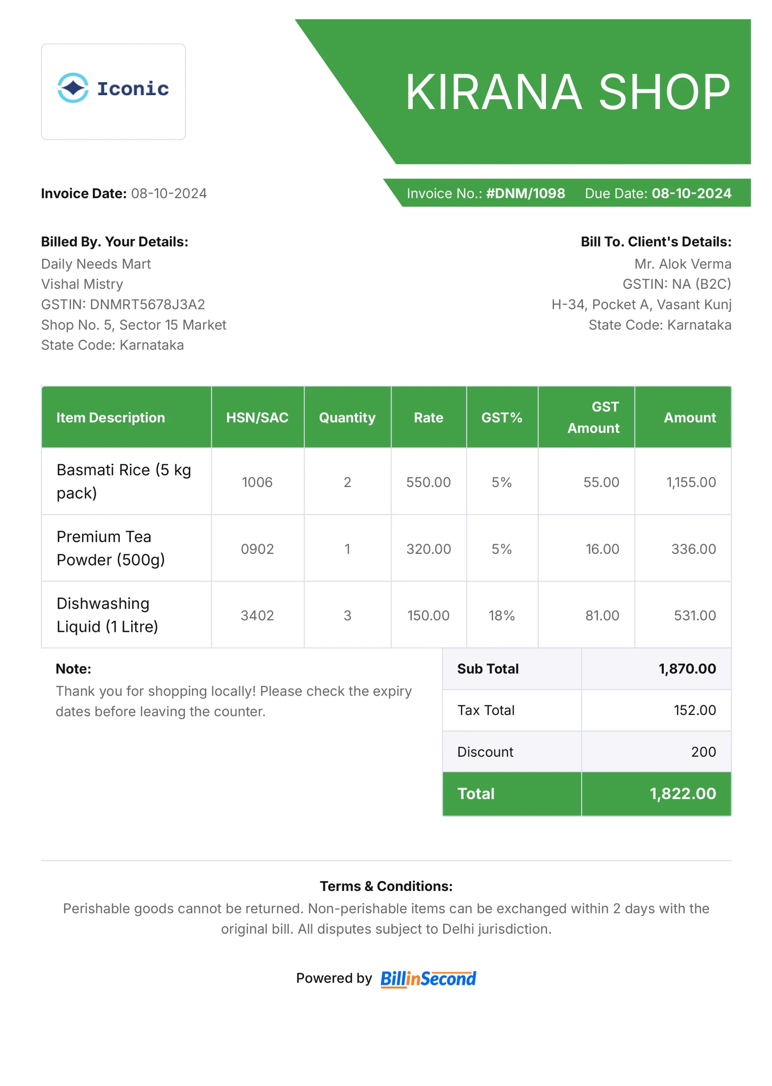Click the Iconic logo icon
[73, 88]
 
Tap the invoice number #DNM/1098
[525, 194]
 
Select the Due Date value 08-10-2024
[691, 194]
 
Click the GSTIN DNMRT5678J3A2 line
[123, 304]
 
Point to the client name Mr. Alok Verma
[682, 264]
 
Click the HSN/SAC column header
[257, 417]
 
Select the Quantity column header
[347, 417]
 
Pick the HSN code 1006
[257, 482]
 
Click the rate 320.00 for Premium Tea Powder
[428, 549]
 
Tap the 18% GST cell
[501, 615]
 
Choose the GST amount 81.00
[602, 615]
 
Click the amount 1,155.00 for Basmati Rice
[691, 482]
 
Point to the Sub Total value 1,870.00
[687, 669]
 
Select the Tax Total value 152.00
[694, 710]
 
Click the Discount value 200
[703, 752]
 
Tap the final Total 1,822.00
[682, 793]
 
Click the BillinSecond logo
[428, 979]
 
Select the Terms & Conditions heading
[386, 886]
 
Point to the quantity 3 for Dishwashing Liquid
[348, 615]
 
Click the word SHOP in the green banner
[664, 92]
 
